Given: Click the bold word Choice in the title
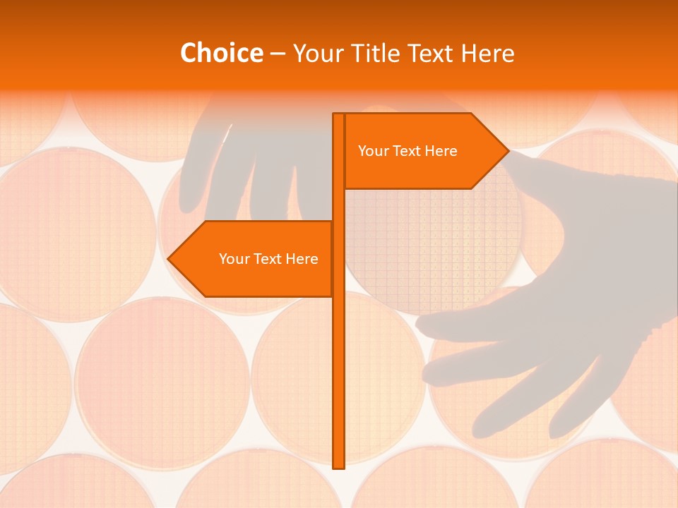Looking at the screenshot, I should [x=221, y=53].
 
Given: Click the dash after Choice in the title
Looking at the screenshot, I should [x=277, y=54].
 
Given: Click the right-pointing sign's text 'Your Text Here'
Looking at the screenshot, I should [x=408, y=151].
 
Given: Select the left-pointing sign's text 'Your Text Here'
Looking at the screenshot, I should [x=268, y=259].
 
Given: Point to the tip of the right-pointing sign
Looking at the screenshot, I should [x=507, y=150].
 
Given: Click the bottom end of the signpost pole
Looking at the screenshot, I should [x=338, y=466].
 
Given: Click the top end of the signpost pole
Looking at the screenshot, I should [x=338, y=116].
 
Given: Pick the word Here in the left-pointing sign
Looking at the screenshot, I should [x=302, y=259].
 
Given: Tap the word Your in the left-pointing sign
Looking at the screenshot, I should [x=234, y=259].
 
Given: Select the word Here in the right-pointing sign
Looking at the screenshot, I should [x=441, y=151].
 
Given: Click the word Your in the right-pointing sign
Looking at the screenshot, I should [x=374, y=151].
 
